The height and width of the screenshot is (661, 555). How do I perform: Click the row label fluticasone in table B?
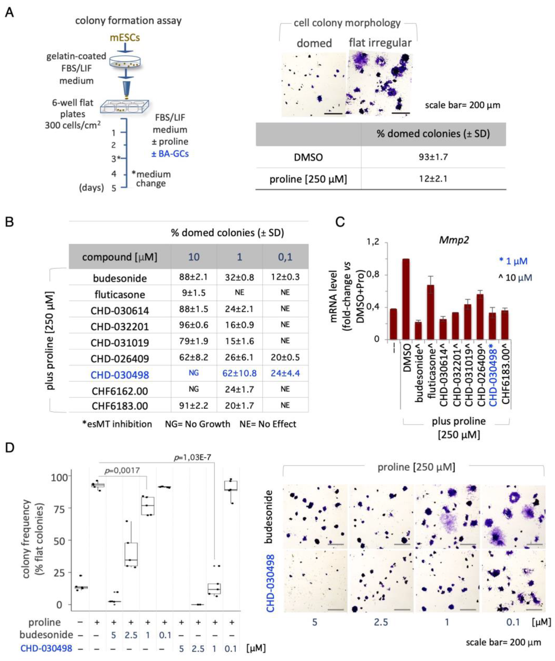pyautogui.click(x=120, y=294)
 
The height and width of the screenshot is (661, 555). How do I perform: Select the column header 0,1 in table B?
pyautogui.click(x=285, y=257)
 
